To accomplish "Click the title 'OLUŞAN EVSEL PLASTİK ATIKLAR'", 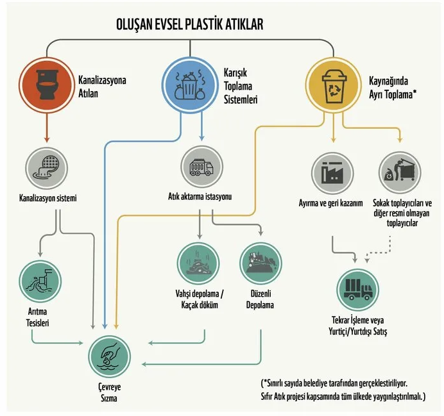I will point(190,24).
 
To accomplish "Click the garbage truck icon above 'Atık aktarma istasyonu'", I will point(203,167).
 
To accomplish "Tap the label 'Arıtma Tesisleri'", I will point(38,319).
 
